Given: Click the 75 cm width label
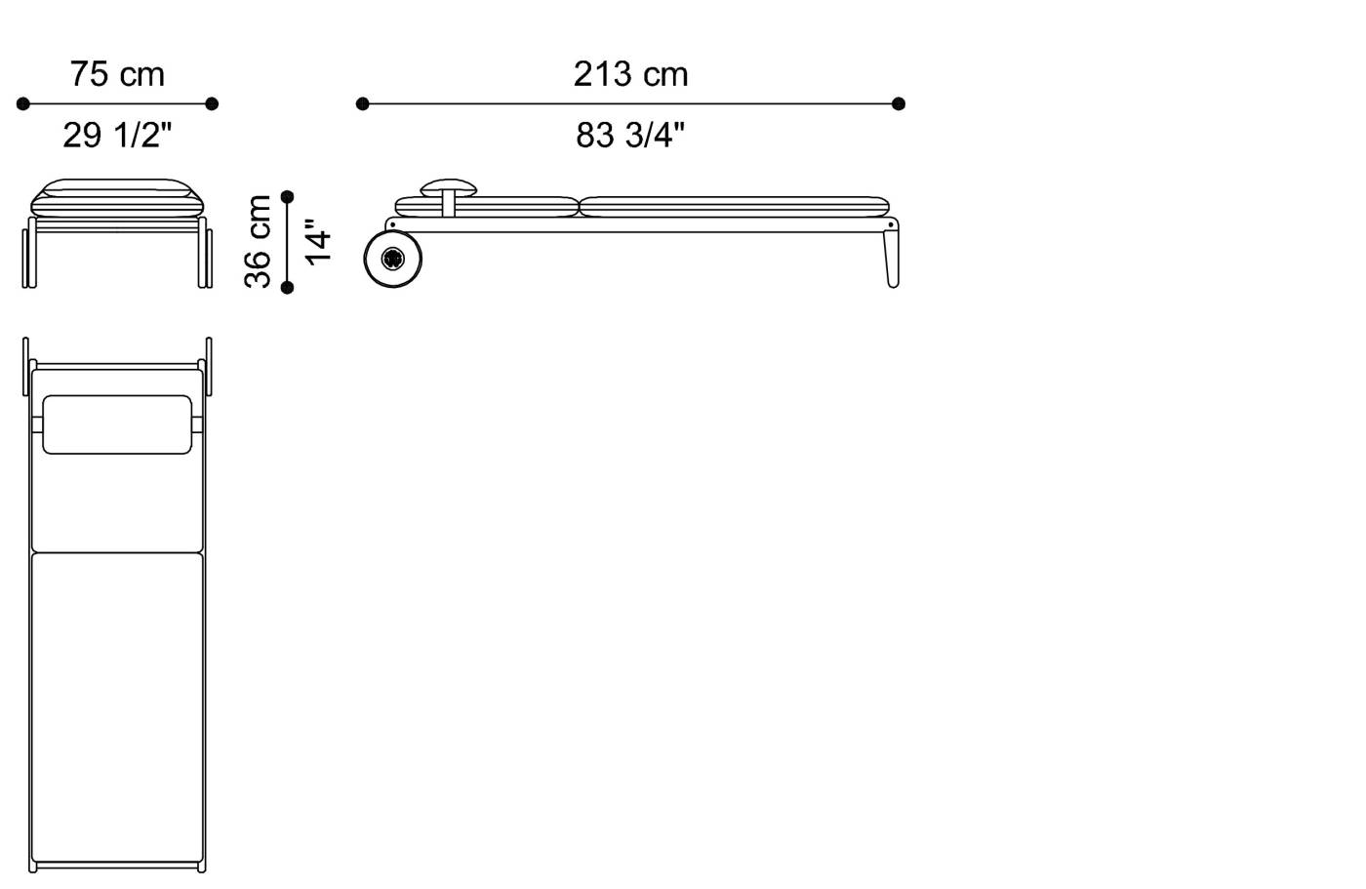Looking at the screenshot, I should coord(117,74).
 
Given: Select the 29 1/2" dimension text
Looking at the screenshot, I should coord(117,135).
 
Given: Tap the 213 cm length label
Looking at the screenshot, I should coord(630,74).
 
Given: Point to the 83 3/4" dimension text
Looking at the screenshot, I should coord(630,135).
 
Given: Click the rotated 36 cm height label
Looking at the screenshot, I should coord(259,241).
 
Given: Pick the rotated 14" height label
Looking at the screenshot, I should coord(318,241).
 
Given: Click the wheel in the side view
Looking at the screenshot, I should coord(393,259).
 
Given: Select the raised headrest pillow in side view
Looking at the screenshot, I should coord(449,185).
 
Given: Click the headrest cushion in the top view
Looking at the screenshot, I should coord(117,424).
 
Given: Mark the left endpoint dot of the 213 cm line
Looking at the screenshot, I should coord(363,103).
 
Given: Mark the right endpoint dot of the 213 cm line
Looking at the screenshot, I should coord(899,103).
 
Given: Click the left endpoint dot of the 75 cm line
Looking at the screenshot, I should coord(23,103).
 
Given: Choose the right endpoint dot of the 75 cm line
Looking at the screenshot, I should coord(212,103).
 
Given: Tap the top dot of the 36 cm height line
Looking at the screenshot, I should coord(287,197).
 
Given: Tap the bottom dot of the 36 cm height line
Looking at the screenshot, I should coord(287,287).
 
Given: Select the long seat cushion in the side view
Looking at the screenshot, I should coord(734,206).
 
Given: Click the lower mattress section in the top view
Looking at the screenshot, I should coord(117,707).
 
